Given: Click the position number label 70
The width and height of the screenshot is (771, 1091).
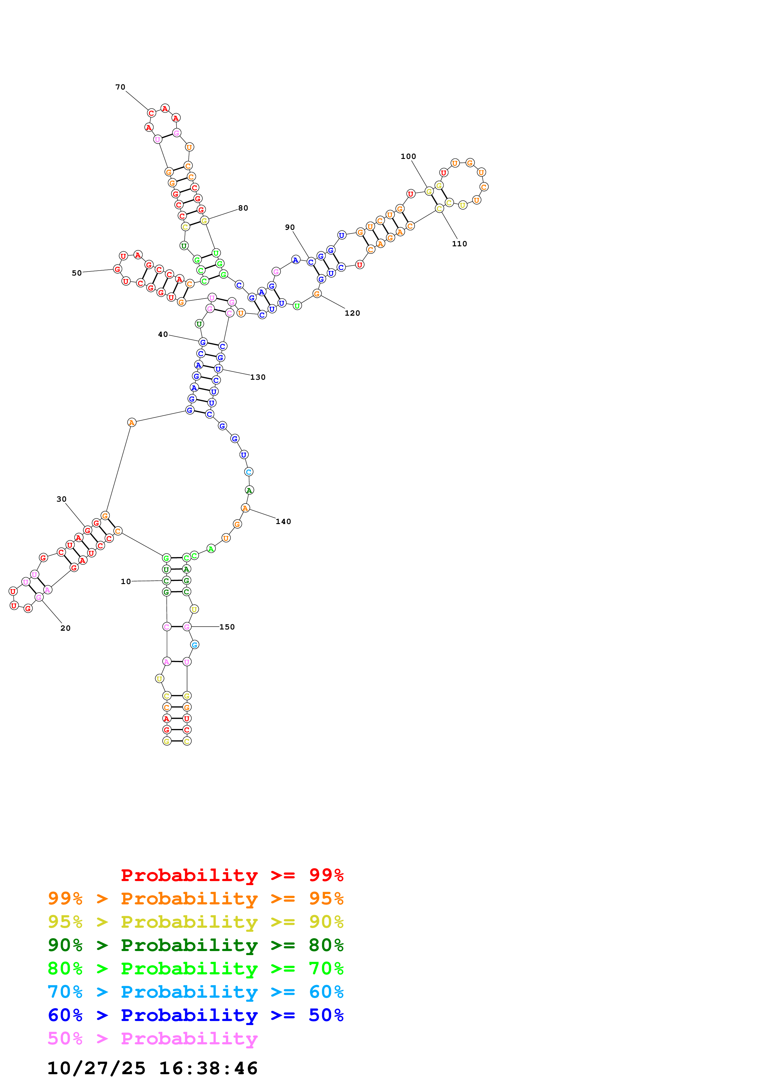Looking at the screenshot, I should [120, 87].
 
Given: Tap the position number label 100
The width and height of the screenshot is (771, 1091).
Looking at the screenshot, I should [408, 156].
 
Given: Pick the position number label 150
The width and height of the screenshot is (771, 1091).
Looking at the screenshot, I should [227, 627].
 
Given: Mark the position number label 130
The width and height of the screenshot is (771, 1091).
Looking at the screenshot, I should [258, 377].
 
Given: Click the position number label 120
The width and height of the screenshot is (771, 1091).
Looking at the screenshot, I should [352, 313].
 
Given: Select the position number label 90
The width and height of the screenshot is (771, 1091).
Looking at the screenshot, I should [290, 227].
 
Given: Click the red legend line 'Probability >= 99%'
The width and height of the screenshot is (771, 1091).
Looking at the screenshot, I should [232, 875].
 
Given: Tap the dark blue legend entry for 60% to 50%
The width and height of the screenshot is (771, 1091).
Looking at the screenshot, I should [195, 1015].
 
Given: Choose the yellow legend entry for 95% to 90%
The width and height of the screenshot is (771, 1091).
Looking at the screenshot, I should [195, 922].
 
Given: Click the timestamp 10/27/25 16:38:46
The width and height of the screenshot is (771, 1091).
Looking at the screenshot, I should [152, 1068].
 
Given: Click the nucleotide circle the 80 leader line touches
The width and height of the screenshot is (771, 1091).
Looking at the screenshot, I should [204, 221].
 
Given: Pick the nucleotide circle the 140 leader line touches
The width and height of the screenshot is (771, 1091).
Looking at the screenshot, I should [245, 508].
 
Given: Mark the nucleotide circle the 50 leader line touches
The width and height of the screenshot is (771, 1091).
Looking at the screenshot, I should [117, 269].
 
